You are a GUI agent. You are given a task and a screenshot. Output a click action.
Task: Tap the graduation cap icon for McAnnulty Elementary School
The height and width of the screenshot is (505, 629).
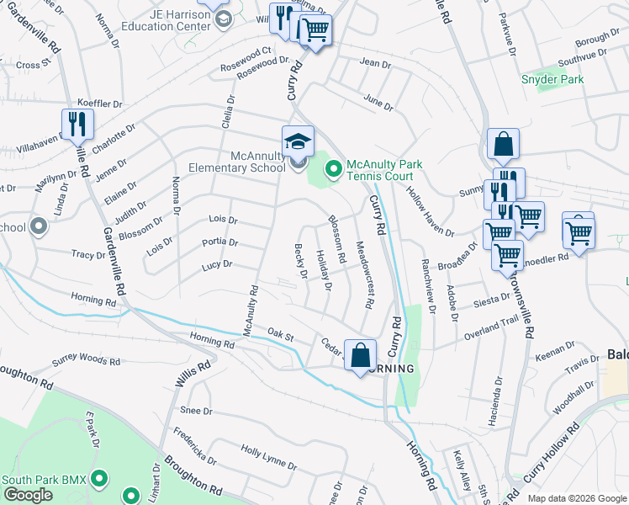[x=298, y=141]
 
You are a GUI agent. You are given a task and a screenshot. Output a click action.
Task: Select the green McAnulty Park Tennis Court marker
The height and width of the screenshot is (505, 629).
[x=333, y=170]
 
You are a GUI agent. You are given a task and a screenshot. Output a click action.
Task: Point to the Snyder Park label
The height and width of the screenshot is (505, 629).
[x=552, y=79]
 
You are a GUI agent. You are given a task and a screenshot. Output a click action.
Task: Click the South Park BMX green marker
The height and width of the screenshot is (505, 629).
[x=99, y=480]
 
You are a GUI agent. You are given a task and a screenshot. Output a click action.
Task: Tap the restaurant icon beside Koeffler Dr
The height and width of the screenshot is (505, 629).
[x=77, y=124]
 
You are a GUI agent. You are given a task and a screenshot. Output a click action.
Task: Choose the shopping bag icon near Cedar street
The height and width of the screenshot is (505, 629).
[x=360, y=355]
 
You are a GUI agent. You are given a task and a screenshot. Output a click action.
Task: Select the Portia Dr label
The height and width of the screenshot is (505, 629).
[x=220, y=242]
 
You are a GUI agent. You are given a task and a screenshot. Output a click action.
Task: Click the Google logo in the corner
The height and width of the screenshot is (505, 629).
[x=27, y=495]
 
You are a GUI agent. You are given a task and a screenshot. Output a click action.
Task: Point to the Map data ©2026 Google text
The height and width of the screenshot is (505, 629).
[x=575, y=498]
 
